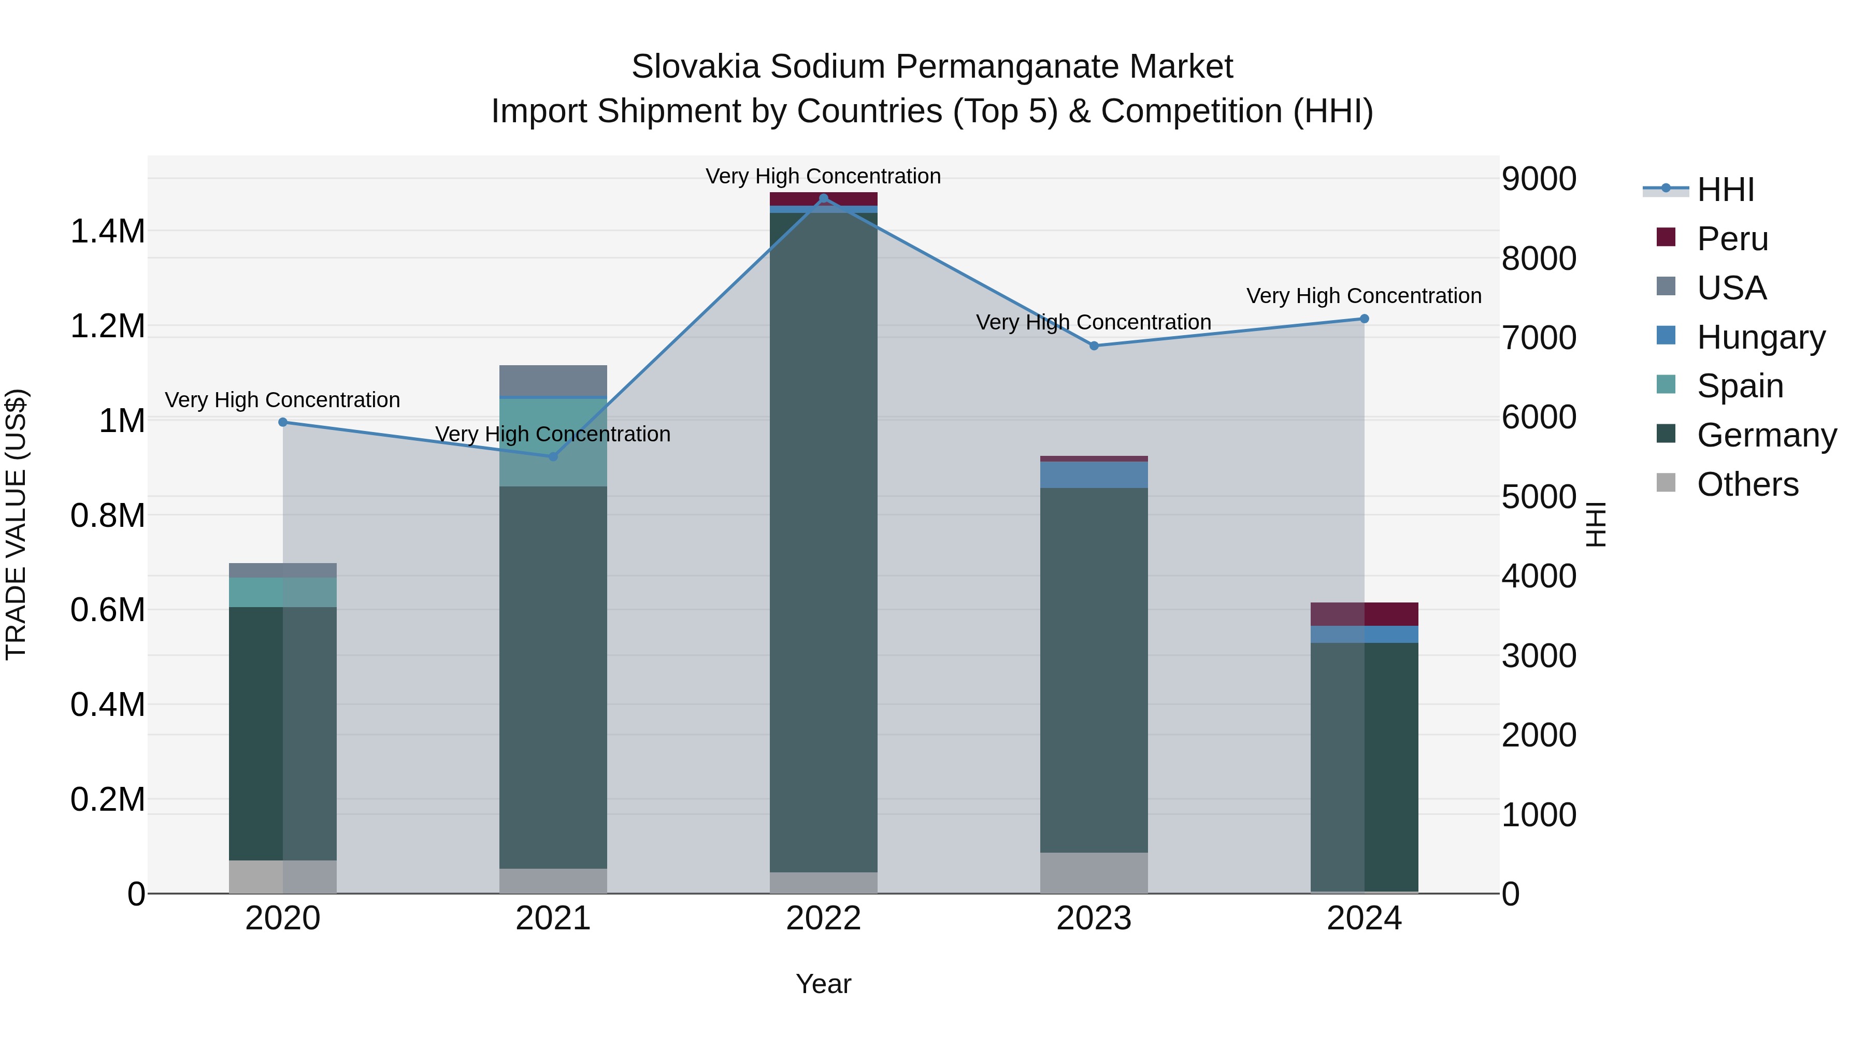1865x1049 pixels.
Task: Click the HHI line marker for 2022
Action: (823, 198)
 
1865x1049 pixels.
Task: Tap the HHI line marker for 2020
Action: (283, 422)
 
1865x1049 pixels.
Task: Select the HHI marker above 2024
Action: (1364, 319)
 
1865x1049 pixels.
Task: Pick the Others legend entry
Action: (1746, 484)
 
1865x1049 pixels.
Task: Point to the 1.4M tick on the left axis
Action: (107, 232)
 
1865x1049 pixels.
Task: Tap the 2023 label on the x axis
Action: (1093, 918)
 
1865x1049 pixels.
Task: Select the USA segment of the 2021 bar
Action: (553, 381)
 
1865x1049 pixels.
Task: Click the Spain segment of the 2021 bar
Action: (553, 441)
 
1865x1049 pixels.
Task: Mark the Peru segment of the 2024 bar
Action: (1364, 614)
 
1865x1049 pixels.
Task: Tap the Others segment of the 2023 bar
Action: (1093, 872)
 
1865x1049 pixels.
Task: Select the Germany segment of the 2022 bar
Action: (823, 543)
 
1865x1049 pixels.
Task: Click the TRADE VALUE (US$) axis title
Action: (16, 524)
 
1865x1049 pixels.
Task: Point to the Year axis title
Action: (823, 984)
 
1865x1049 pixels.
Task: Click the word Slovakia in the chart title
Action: (695, 67)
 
